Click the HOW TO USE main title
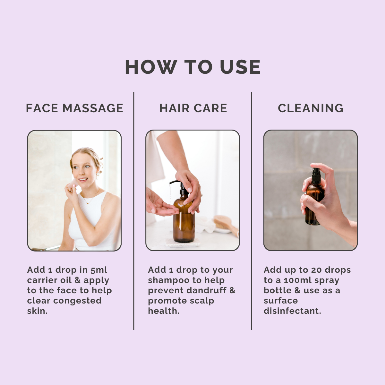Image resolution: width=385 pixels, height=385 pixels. pos(193,67)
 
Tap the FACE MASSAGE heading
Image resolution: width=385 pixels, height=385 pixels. pos(74,108)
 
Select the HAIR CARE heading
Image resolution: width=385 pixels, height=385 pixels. pos(193,108)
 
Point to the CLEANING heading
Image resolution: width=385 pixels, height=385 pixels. pos(311,108)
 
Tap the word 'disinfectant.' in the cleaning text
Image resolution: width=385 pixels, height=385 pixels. pos(292,311)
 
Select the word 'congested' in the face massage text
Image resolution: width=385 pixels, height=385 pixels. pos(77,301)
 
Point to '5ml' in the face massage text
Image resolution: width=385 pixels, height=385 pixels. pos(99,270)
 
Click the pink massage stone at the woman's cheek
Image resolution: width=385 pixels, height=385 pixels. pos(73,184)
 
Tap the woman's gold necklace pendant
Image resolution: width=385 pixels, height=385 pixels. pos(88,203)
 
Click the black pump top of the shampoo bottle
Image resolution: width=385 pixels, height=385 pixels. pos(181,187)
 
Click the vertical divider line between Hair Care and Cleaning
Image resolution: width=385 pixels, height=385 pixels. pos(252,210)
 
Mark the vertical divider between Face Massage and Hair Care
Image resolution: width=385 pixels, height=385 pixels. pos(134,210)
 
